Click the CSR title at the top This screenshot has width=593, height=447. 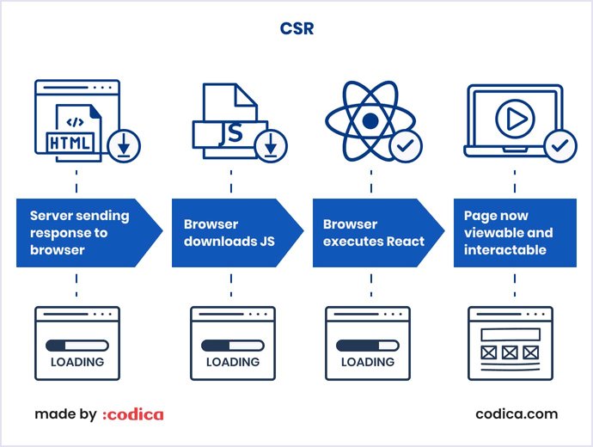coord(296,29)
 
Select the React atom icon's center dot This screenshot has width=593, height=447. coord(370,121)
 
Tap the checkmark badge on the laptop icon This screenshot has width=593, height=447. coord(561,146)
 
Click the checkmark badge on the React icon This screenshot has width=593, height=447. coord(406,147)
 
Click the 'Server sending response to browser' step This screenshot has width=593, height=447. coord(82,233)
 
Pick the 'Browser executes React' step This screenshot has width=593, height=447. coord(373,233)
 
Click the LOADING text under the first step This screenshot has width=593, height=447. coord(77,362)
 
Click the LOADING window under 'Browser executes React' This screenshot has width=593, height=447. coord(368,343)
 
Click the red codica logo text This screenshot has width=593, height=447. coord(132,414)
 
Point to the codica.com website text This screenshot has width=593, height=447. coord(517,414)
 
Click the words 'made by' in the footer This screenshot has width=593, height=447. coord(65,414)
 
